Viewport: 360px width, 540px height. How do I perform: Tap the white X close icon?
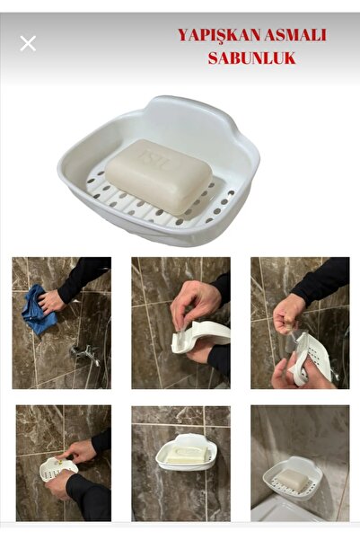[28, 43]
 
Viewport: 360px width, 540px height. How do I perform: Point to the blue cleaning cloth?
[38, 311]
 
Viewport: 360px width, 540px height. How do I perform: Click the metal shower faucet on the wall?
[84, 355]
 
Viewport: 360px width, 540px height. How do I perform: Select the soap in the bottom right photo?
[294, 478]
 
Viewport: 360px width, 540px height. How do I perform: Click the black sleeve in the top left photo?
[85, 275]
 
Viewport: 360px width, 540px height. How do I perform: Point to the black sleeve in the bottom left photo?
[90, 499]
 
